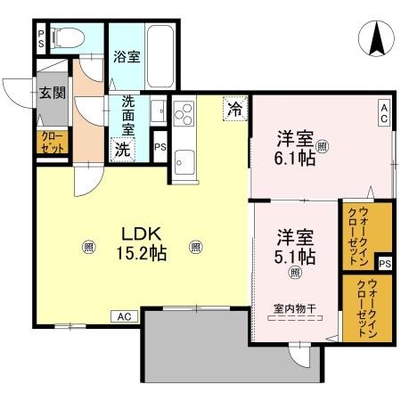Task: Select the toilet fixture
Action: tap(68, 37)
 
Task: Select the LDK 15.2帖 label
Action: tap(141, 242)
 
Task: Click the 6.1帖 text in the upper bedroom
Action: tap(293, 159)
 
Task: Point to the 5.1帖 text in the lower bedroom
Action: tap(294, 258)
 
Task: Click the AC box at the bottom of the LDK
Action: tap(124, 316)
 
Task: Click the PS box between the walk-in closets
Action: tap(384, 264)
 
